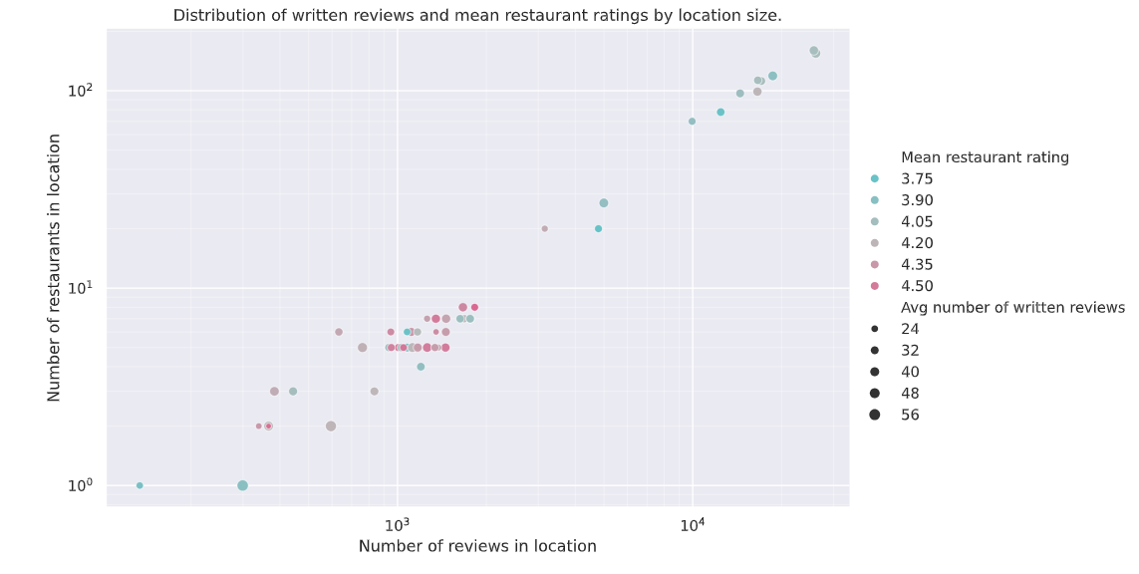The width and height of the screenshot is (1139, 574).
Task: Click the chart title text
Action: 477,16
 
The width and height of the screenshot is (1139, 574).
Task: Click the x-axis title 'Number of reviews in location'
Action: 477,546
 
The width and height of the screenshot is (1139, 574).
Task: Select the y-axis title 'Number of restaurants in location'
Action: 54,267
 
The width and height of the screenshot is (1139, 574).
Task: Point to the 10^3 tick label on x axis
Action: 397,524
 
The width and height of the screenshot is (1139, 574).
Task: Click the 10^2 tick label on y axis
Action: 79,91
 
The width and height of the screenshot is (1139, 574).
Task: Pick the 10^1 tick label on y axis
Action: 79,288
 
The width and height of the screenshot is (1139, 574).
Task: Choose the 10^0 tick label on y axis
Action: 79,485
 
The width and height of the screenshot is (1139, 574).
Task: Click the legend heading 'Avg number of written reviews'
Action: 1012,307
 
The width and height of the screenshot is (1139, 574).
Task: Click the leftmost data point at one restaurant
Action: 140,485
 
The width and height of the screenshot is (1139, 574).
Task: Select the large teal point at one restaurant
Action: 242,485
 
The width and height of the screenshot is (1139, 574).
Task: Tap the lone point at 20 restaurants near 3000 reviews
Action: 544,228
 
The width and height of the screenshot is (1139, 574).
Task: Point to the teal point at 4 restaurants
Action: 421,367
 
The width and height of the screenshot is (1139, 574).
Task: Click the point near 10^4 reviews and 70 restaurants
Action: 692,122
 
